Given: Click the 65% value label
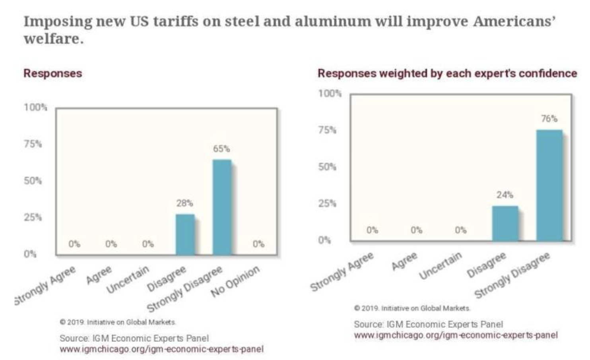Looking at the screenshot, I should tap(221, 149).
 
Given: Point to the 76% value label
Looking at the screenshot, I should tap(549, 118).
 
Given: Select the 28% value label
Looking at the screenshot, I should tap(185, 203).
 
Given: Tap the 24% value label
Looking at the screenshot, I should tap(505, 195).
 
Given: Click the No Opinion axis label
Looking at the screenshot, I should tap(235, 281).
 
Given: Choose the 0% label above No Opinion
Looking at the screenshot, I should tap(258, 244).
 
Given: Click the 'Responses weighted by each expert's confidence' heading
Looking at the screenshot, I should tap(447, 74).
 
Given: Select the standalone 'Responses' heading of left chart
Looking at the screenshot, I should tap(52, 74).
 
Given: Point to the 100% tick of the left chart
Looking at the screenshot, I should tap(35, 107).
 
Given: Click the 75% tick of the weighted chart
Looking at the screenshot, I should tap(327, 130).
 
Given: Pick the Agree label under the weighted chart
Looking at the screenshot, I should tap(404, 261).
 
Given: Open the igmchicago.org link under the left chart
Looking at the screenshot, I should tap(161, 349).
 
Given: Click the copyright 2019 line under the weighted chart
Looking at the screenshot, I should tap(412, 308).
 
